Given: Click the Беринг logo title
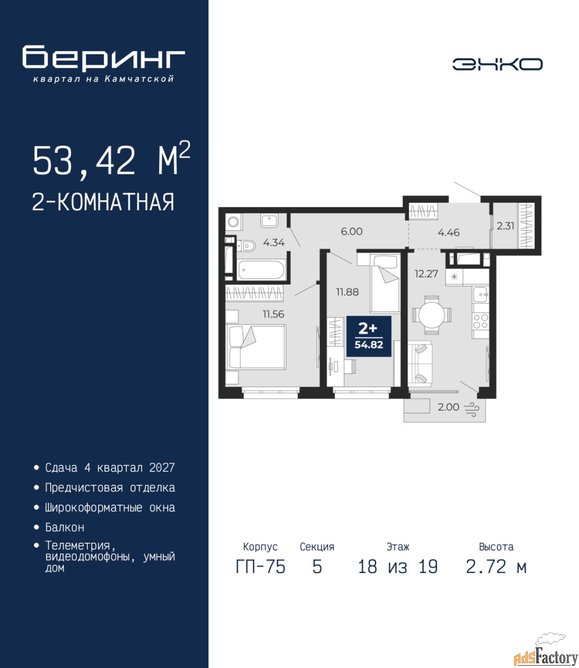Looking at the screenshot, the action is pos(103,57).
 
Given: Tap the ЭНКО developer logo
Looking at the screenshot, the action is pos(497,64).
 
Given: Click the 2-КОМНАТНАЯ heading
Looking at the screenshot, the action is pos(103,202).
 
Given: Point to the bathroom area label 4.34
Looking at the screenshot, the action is pos(274,242).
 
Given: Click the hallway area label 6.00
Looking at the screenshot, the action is pos(351,231).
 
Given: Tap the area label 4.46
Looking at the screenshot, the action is pos(448,232).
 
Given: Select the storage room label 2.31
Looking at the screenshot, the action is pos(505,225).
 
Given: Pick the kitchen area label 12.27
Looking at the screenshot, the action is pos(427,274).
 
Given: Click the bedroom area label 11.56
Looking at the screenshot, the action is pos(273,314).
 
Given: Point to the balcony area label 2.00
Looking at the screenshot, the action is pos(448,407).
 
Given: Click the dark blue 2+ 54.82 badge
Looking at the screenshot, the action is pos(369,336).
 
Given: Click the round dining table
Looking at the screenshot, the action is pos(432,314).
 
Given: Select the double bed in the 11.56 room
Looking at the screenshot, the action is pos(256,347).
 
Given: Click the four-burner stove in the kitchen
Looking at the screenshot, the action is pos(480,321).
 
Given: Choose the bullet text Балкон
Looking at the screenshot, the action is pos(65,527).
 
